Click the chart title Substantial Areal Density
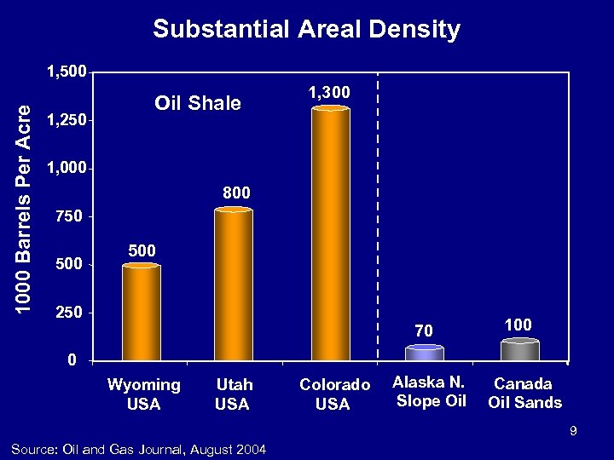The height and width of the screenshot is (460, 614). pos(306,30)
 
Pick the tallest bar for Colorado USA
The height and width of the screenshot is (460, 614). pos(330,233)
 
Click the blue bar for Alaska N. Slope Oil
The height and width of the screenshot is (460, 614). pos(424,353)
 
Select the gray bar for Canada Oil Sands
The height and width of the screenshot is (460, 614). pos(519,350)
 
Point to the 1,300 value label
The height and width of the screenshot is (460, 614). pos(329,91)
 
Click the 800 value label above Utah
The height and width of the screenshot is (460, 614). pos(236,193)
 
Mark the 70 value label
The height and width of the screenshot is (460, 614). pos(425,330)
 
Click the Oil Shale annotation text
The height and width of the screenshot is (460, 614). pos(198,104)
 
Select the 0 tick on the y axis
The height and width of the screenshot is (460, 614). pos(74,359)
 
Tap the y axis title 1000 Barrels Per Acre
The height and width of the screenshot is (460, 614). pos(26,207)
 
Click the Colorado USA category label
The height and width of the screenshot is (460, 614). pos(335,394)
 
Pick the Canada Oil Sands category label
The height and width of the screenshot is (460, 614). pos(524,393)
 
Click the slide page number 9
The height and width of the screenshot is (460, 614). pos(574,432)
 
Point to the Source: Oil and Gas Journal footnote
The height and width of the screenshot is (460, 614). pos(138,449)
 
